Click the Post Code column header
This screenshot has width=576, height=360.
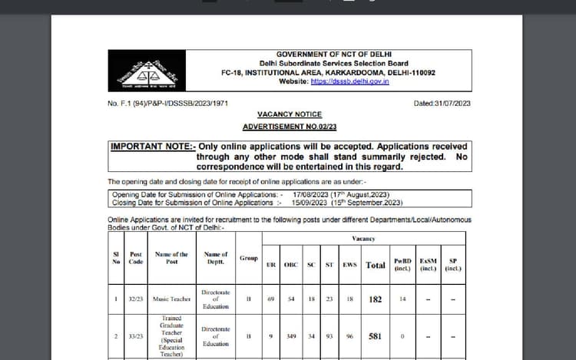point(136,258)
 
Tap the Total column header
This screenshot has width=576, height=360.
point(376,265)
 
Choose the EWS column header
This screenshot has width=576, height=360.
point(349,265)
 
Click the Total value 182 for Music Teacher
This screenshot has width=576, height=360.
point(376,299)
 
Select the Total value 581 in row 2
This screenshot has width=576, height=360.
point(376,336)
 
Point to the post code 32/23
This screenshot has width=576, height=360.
point(136,299)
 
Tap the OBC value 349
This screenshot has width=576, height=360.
point(291,336)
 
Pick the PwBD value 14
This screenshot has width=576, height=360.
point(402,299)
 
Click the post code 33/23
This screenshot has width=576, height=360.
point(136,336)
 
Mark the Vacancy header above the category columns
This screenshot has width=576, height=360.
point(363,239)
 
